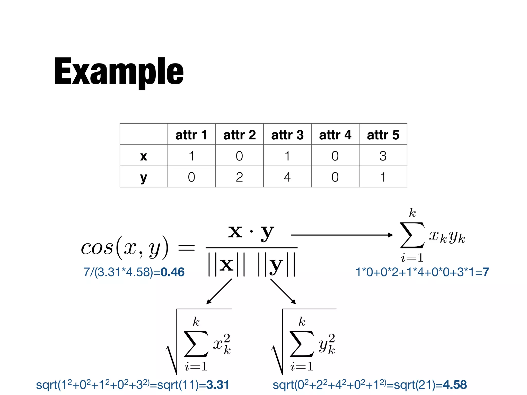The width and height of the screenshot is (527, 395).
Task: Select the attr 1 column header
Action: (x=191, y=135)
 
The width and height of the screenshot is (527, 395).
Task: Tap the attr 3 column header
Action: (x=287, y=135)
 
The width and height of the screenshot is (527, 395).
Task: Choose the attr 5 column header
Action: (x=383, y=135)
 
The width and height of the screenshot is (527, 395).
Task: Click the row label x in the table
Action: (x=144, y=156)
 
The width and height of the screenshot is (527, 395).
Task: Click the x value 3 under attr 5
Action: (x=383, y=156)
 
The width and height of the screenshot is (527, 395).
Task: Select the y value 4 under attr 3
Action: (x=287, y=177)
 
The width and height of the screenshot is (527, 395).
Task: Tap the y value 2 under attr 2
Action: (x=239, y=177)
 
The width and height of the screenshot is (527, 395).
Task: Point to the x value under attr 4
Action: (x=335, y=156)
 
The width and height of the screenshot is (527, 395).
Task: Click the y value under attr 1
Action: (x=191, y=177)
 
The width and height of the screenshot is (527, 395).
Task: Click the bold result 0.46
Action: (x=172, y=272)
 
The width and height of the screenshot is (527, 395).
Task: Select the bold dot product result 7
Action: (x=486, y=272)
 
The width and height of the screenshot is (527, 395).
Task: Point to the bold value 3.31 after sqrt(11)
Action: (x=218, y=385)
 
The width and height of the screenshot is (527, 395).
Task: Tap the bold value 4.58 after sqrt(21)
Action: (x=455, y=385)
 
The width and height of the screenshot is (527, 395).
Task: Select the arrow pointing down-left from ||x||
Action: (x=219, y=291)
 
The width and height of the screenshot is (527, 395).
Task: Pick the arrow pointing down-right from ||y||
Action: (x=283, y=291)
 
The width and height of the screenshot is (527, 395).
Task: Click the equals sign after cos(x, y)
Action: (x=186, y=248)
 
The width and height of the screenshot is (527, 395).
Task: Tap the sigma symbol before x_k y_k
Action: (x=412, y=235)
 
